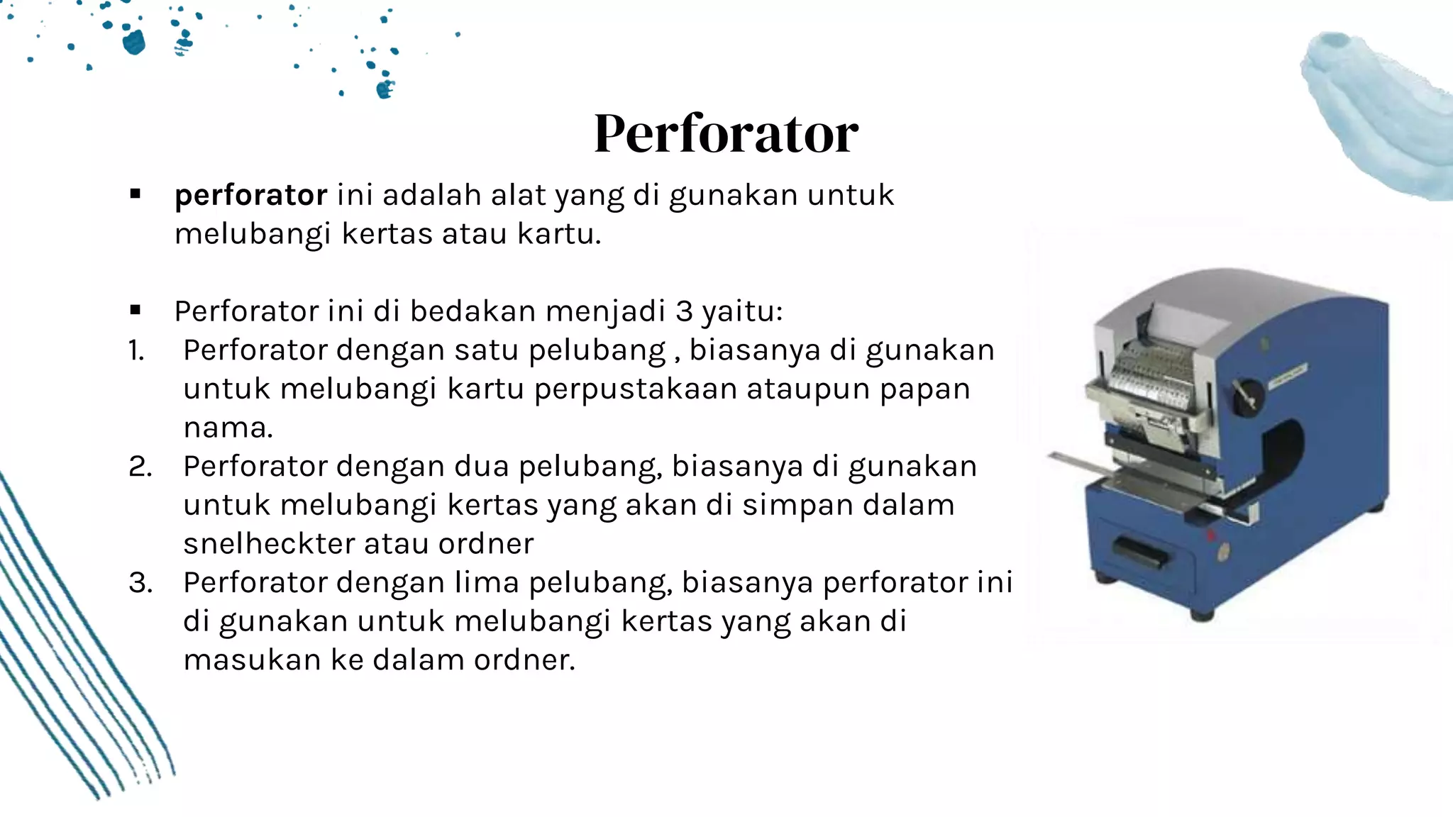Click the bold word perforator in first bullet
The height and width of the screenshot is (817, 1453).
[x=250, y=195]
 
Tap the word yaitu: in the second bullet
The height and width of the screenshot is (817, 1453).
[x=742, y=311]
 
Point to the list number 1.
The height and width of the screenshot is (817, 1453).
[x=136, y=350]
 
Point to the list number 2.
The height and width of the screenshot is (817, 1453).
[x=140, y=467]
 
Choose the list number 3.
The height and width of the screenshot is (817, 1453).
[x=140, y=583]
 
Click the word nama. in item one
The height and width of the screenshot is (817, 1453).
[x=228, y=428]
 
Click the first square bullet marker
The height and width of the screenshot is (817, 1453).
[x=136, y=194]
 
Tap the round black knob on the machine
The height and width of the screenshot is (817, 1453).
[x=1247, y=396]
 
